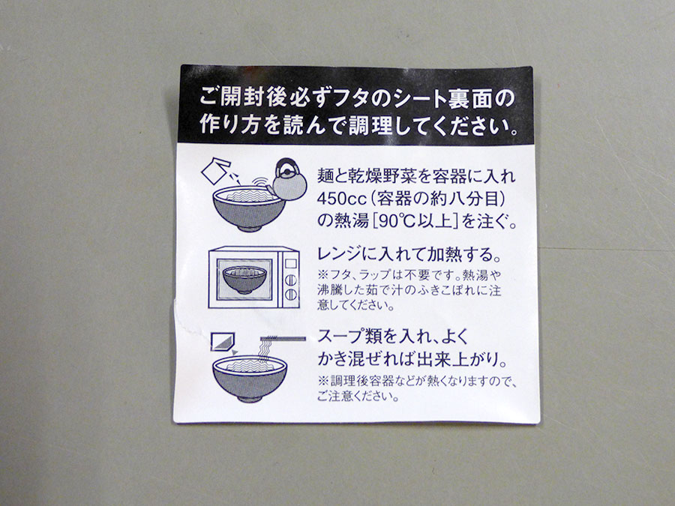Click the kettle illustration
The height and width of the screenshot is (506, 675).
click(x=287, y=180)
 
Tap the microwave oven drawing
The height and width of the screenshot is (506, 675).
click(x=254, y=277)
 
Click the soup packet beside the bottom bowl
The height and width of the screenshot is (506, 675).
click(x=222, y=341)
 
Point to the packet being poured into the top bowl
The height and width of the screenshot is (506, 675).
click(x=215, y=170)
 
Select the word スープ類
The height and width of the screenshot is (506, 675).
click(x=350, y=336)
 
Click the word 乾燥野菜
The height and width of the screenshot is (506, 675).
click(x=376, y=175)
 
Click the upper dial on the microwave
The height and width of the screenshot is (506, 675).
click(x=292, y=280)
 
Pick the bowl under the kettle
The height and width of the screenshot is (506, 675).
click(x=249, y=208)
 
